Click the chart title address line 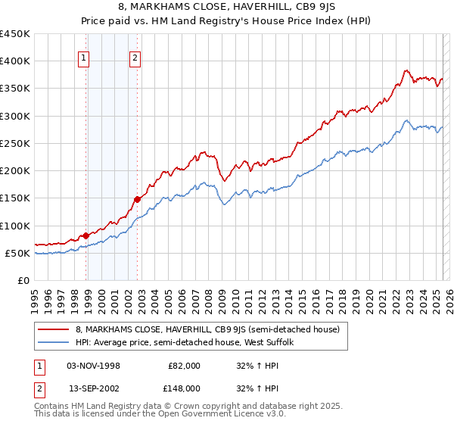(226, 8)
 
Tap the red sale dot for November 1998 (86, 235)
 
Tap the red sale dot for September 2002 (138, 199)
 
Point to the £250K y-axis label (17, 143)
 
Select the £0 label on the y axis (23, 280)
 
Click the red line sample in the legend (53, 329)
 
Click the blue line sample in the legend (53, 343)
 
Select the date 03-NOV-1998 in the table (94, 366)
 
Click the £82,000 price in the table (184, 366)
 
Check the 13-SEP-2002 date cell (94, 388)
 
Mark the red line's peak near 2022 (406, 70)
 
